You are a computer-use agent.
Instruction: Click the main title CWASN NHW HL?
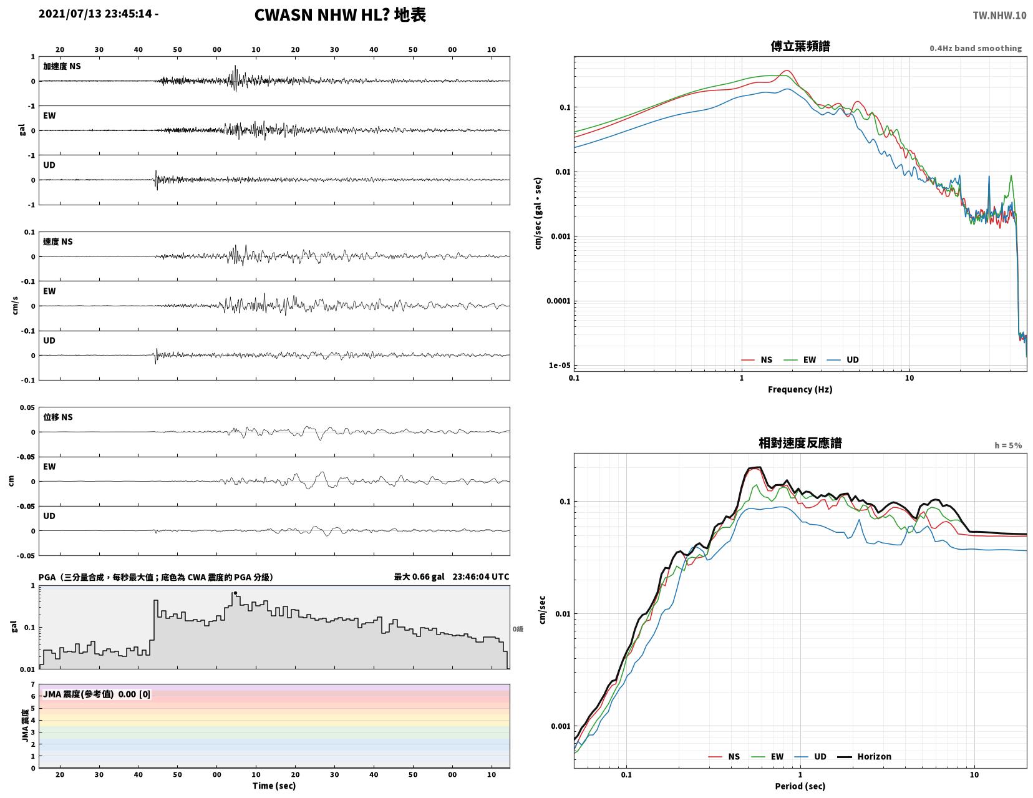322,15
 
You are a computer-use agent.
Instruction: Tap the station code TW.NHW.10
999,15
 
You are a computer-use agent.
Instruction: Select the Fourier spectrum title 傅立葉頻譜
800,46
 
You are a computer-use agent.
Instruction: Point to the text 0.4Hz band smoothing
976,48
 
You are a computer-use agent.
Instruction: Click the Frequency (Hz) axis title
800,389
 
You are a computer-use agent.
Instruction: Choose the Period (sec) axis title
800,786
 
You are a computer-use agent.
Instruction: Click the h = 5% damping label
1008,445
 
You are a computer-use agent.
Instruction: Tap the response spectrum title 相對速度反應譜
800,443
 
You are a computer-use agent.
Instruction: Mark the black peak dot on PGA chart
235,593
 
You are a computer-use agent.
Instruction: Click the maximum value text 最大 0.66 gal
419,577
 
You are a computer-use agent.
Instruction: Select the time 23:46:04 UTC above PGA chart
480,577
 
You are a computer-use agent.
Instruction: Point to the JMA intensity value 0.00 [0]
134,694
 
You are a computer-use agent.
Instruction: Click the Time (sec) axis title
274,786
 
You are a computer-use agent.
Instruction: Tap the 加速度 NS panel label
62,66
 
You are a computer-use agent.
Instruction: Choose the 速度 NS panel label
58,241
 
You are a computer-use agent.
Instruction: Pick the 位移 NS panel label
58,417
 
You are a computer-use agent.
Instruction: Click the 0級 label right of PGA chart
518,629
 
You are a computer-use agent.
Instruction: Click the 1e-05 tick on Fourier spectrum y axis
560,366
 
